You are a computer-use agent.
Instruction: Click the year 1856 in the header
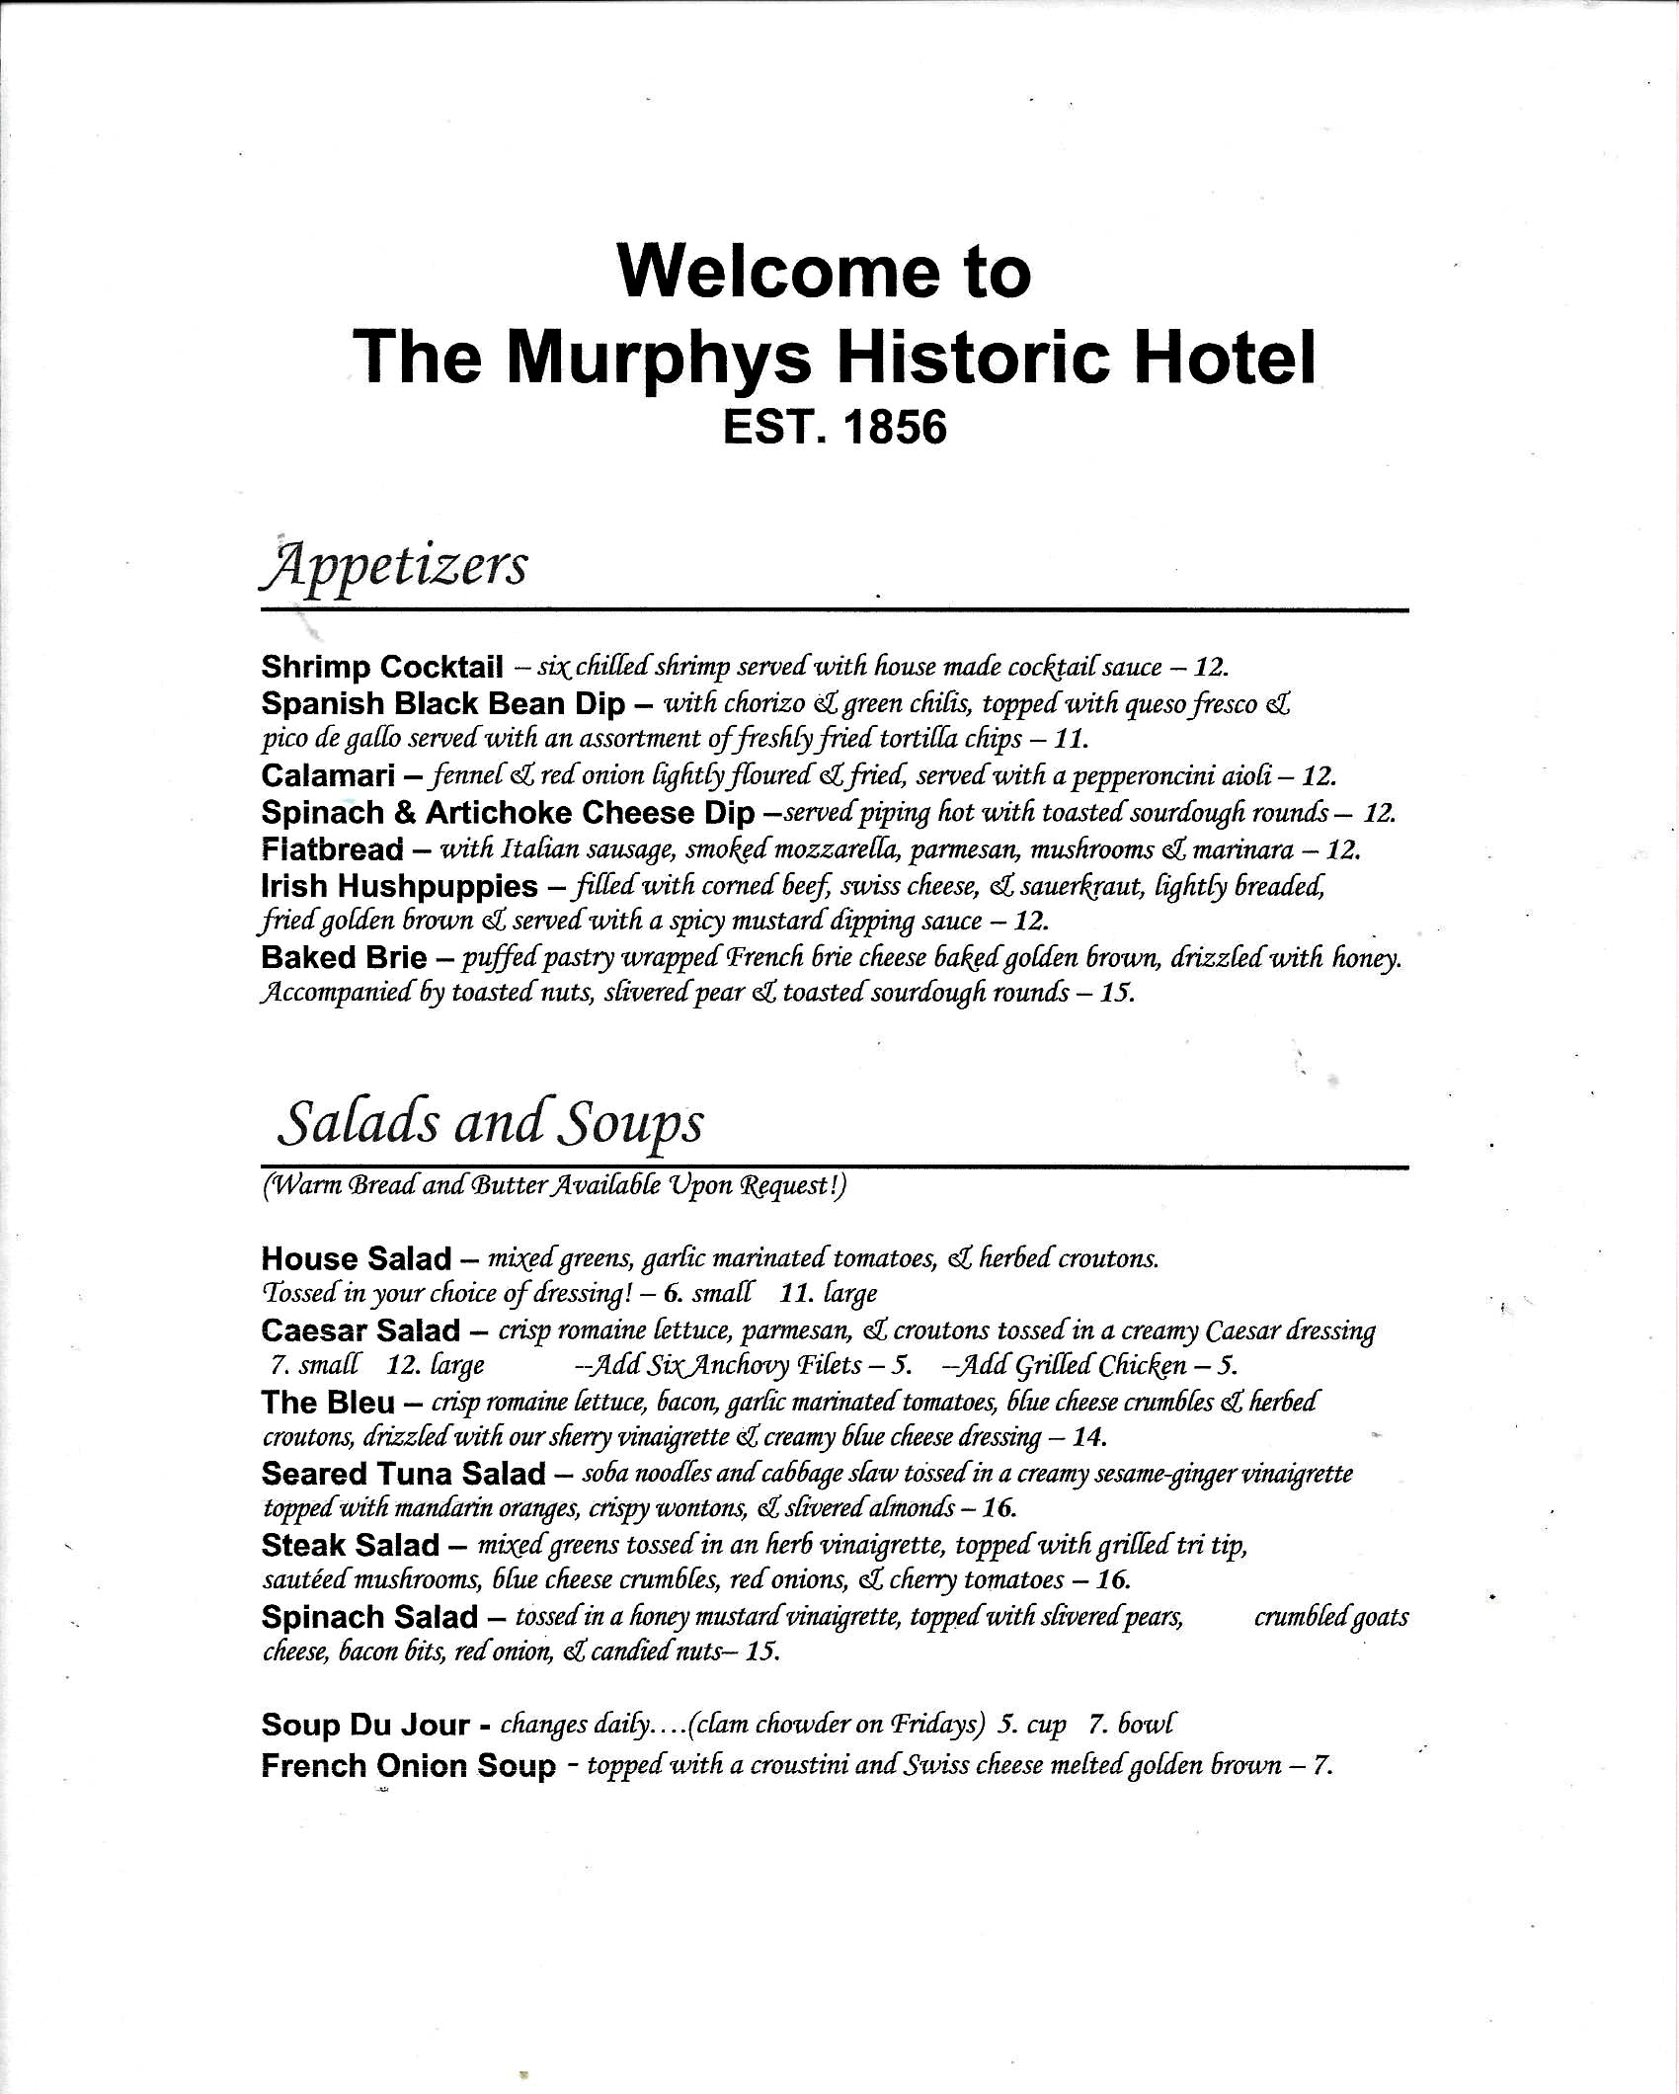point(893,427)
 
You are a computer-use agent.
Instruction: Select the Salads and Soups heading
point(491,1123)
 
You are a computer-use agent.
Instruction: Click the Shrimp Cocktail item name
point(382,667)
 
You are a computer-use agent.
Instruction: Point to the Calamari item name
point(328,776)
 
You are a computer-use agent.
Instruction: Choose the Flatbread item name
point(333,848)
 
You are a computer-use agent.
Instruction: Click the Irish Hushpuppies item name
point(399,886)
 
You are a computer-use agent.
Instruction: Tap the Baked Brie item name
point(344,957)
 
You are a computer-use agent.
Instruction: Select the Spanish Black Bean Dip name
point(443,703)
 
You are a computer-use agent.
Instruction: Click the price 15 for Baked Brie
point(1116,993)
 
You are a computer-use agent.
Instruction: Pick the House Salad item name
point(357,1258)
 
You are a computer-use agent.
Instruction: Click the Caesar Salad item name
point(360,1330)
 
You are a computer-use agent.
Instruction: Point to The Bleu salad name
point(328,1402)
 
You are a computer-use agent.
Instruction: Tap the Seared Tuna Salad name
point(403,1474)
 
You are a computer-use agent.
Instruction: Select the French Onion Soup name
point(408,1765)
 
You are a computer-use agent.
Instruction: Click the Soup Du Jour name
point(364,1725)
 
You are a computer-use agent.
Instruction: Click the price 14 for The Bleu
point(1088,1436)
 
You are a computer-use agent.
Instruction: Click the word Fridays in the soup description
point(938,1725)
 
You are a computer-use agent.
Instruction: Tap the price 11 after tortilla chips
point(1071,739)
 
